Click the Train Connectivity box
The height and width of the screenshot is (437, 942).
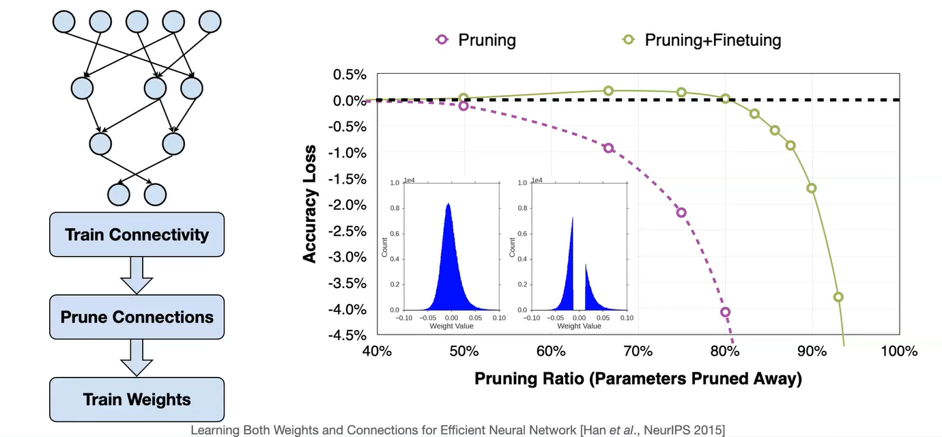pos(137,234)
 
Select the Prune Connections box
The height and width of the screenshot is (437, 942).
pos(137,317)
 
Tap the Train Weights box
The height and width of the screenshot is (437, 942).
pos(137,399)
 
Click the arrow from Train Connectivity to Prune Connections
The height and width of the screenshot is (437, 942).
pos(137,275)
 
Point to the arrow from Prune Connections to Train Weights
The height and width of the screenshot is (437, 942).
pos(137,358)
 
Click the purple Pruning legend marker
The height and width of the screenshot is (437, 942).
pos(442,40)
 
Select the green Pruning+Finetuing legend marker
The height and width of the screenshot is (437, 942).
pos(629,40)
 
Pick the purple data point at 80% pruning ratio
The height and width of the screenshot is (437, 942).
pos(725,312)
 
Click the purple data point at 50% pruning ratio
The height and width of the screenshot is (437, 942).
pos(464,106)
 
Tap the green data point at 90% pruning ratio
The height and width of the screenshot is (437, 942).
pos(812,188)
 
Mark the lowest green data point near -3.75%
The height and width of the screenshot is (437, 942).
pos(838,297)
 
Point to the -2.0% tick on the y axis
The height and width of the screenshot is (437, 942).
pos(349,206)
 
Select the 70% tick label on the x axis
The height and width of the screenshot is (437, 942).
pos(638,352)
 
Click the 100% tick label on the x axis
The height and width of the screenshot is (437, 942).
pos(898,352)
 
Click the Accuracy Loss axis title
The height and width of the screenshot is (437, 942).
pos(311,204)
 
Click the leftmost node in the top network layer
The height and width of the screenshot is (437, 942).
pos(63,21)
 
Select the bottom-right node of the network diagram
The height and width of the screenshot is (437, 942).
pos(155,194)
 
